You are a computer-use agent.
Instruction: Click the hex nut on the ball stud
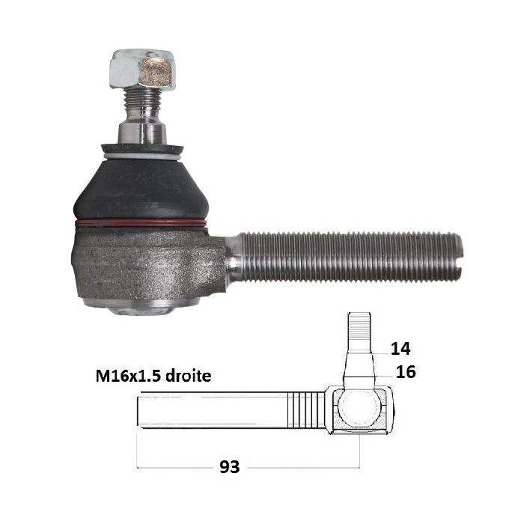[142, 70]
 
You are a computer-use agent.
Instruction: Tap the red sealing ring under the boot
[141, 224]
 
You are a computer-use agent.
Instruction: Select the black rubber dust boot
[141, 187]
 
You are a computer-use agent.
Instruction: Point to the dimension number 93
[230, 467]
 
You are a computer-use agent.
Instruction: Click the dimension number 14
[400, 349]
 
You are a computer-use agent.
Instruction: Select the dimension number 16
[406, 371]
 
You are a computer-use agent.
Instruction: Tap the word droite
[189, 376]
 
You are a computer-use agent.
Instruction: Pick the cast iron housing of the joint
[147, 264]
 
